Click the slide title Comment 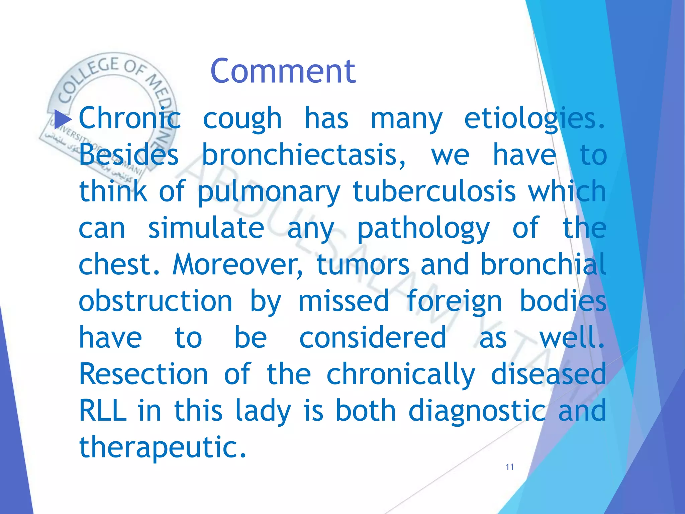tap(283, 71)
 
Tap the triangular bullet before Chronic tap(63, 119)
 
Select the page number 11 tap(510, 467)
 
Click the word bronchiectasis tap(304, 155)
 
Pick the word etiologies tap(534, 119)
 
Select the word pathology tap(423, 229)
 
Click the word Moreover tap(238, 264)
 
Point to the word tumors tap(363, 264)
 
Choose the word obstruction tap(156, 301)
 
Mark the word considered tap(373, 338)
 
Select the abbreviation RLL tap(103, 411)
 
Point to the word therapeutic tap(163, 448)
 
